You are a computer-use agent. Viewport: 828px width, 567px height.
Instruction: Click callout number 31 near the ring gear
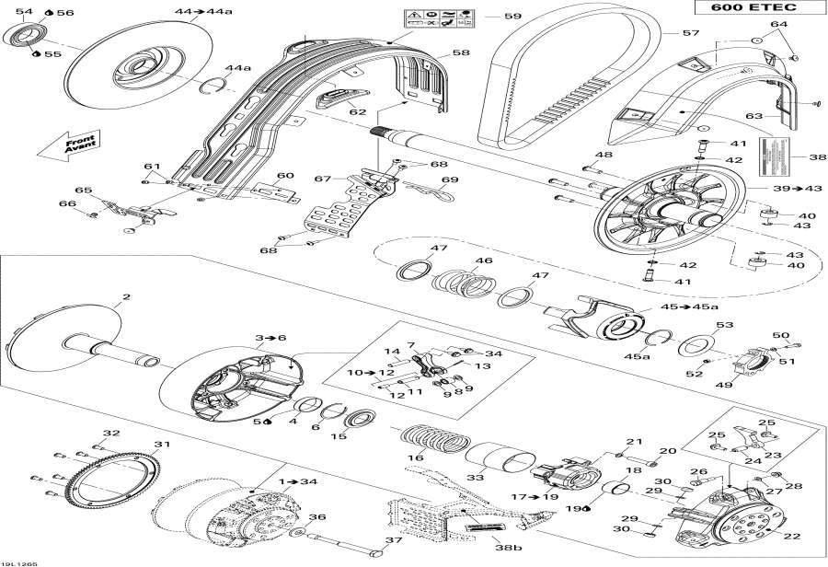pos(162,445)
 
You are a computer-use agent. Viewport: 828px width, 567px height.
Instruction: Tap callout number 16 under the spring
pos(417,457)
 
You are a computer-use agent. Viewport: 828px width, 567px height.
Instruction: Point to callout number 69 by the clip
pos(450,180)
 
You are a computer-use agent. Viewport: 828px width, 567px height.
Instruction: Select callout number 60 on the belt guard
pos(285,175)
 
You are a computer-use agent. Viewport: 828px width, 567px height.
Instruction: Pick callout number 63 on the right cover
pos(754,116)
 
